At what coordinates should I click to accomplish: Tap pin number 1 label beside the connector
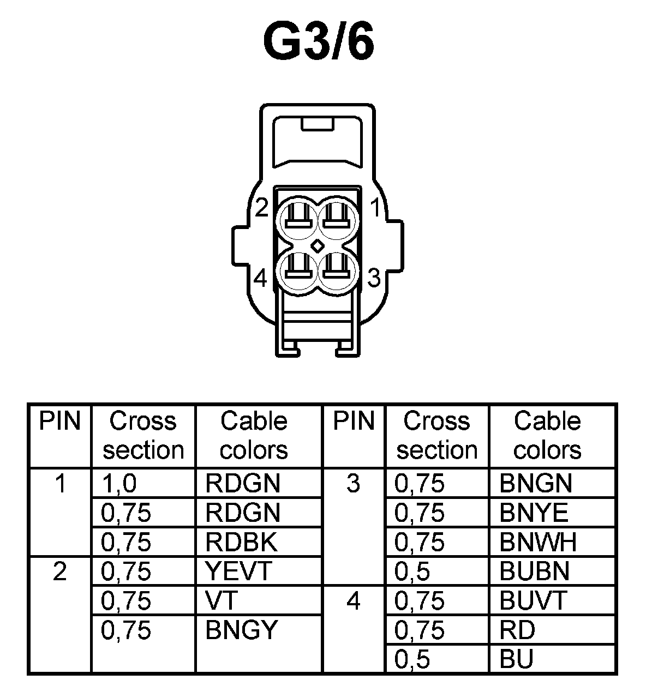point(375,208)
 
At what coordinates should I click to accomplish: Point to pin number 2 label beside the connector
point(262,208)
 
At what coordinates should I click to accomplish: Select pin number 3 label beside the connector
point(374,278)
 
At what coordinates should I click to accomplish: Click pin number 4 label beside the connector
point(261,279)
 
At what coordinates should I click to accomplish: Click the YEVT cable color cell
point(238,571)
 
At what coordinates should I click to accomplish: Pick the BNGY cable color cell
point(242,630)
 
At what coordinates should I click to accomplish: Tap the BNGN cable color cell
point(536,483)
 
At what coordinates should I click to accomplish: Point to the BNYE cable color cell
point(534,513)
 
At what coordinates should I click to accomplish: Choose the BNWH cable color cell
point(538,542)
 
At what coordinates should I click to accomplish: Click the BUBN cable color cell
point(535,571)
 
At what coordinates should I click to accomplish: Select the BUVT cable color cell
point(534,601)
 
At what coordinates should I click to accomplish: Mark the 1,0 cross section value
point(118,483)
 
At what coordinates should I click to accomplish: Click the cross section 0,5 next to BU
point(412,660)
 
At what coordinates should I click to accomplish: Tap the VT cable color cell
point(222,601)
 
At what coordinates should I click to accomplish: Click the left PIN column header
point(59,421)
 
